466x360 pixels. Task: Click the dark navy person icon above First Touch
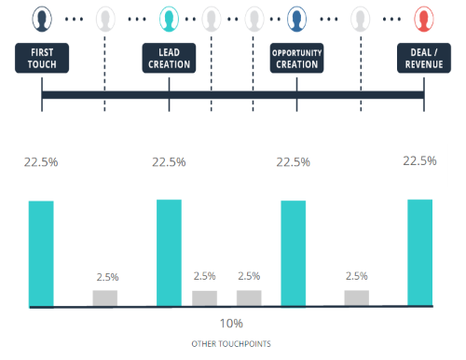(x=42, y=18)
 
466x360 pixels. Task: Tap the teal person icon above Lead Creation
(x=169, y=18)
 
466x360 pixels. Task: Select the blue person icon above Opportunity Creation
(x=296, y=18)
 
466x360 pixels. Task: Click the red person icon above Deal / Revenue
(x=423, y=18)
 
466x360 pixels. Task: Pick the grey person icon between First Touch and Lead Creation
(x=105, y=18)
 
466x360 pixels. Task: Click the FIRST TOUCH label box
(x=42, y=59)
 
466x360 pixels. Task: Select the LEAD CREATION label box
(x=169, y=59)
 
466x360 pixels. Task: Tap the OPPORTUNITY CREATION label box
(x=296, y=59)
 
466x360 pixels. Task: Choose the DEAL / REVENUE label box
(x=423, y=59)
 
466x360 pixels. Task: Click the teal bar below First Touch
(x=42, y=253)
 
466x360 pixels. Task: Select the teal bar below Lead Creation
(x=169, y=252)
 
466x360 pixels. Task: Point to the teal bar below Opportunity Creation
(x=294, y=253)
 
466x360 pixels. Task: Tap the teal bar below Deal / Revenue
(x=420, y=252)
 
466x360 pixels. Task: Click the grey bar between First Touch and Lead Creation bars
(x=105, y=298)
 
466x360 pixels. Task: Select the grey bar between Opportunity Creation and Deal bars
(x=357, y=298)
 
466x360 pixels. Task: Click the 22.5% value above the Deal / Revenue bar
(x=419, y=160)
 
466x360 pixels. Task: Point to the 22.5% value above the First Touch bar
(x=41, y=161)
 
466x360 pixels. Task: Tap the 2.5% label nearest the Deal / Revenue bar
(x=357, y=276)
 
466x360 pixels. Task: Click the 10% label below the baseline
(x=231, y=323)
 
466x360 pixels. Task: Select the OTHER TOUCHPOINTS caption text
(x=231, y=344)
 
